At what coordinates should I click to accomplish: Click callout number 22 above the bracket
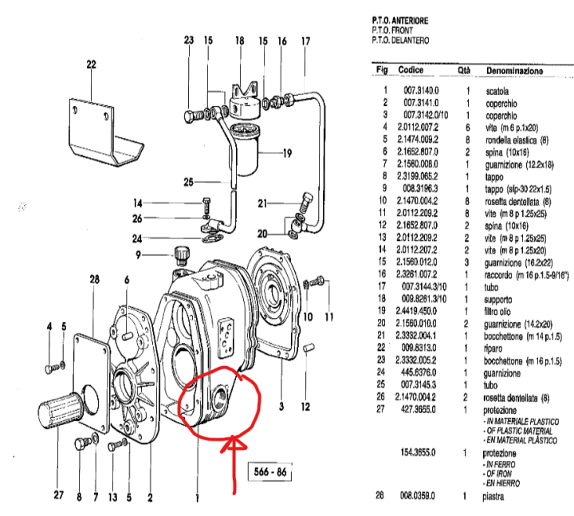pyautogui.click(x=91, y=65)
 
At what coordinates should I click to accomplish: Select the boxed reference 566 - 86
pyautogui.click(x=266, y=471)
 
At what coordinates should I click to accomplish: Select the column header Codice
pyautogui.click(x=411, y=71)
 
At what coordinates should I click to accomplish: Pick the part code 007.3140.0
pyautogui.click(x=422, y=91)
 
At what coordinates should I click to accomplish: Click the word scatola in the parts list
pyautogui.click(x=498, y=91)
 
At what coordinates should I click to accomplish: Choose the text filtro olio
pyautogui.click(x=502, y=312)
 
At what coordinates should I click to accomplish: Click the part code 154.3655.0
pyautogui.click(x=422, y=452)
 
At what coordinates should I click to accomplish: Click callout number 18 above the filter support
pyautogui.click(x=238, y=40)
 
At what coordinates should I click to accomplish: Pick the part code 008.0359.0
pyautogui.click(x=422, y=496)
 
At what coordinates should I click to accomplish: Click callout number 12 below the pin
pyautogui.click(x=305, y=408)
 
